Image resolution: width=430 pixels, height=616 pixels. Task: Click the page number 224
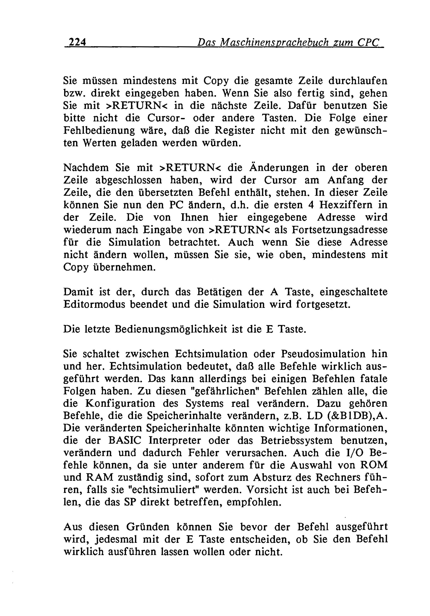click(x=77, y=42)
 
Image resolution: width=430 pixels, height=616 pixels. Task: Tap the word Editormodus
click(x=94, y=305)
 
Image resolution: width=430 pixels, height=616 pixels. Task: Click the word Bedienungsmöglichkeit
click(x=171, y=329)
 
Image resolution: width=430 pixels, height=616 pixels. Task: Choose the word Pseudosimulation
click(x=323, y=354)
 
